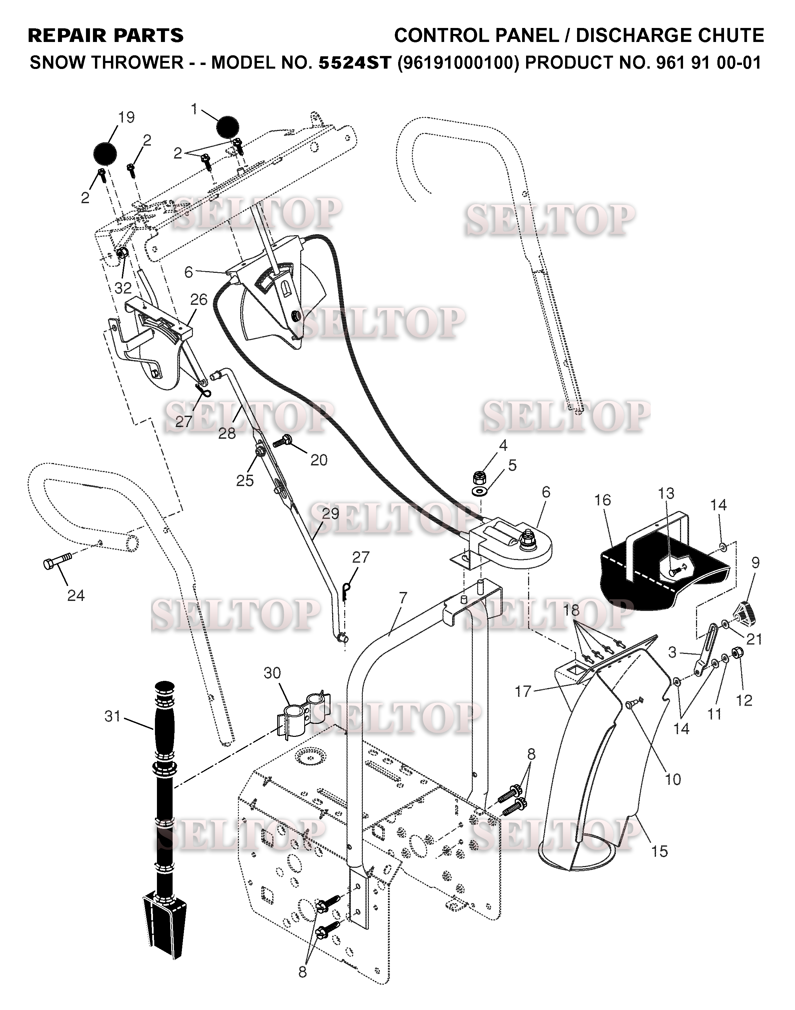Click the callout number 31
coord(113,717)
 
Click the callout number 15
coord(659,851)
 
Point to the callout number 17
coord(523,691)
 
